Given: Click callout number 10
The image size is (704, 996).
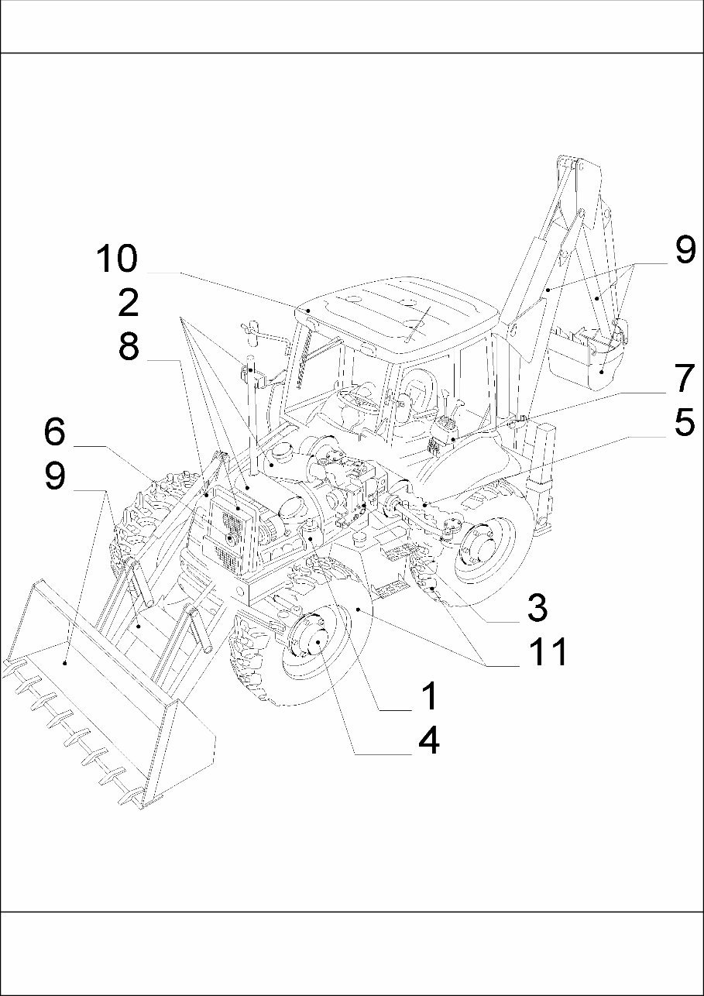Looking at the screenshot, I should tap(116, 259).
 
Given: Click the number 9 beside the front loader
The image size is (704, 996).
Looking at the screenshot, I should tap(54, 476).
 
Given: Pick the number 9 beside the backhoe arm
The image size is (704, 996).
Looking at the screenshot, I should tap(685, 250).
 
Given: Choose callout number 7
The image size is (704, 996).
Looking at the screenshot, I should tap(685, 379).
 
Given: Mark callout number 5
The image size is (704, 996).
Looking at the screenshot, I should tap(685, 423).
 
